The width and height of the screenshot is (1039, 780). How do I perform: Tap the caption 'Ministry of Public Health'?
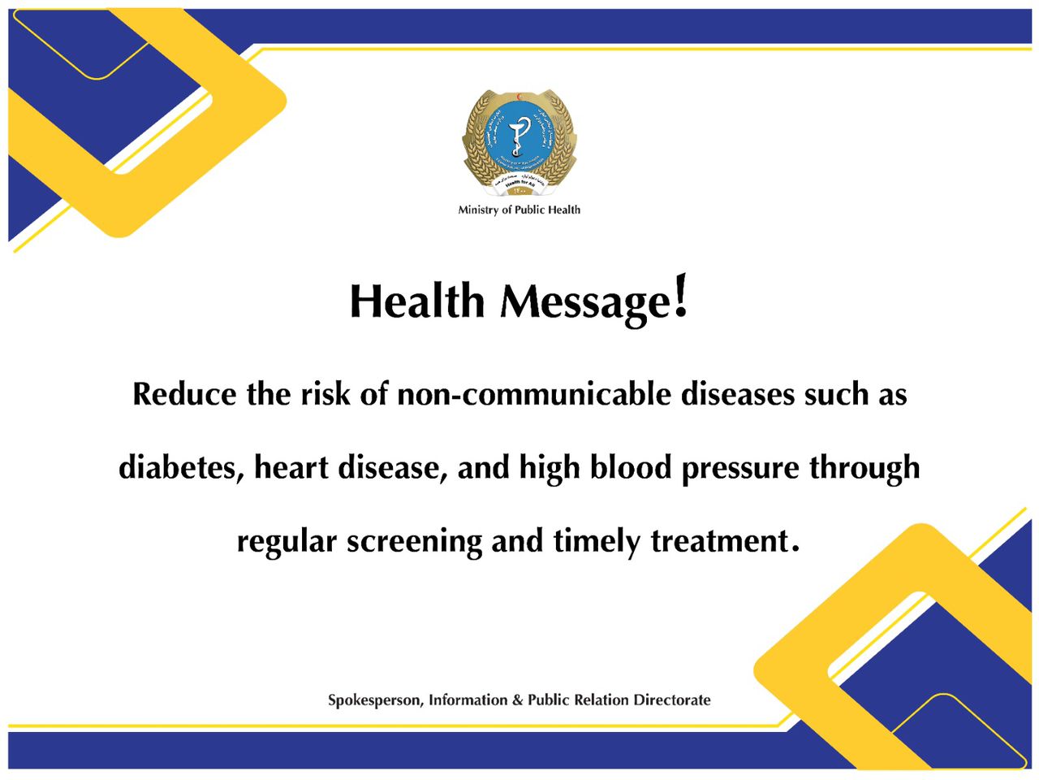click(519, 210)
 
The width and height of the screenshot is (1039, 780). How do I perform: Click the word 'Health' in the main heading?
click(416, 301)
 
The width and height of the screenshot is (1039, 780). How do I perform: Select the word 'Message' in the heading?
click(585, 303)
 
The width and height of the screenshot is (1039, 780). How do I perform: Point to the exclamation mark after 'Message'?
click(681, 297)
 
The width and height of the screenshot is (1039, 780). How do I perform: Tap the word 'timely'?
click(597, 542)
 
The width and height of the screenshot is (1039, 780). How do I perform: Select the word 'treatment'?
click(719, 541)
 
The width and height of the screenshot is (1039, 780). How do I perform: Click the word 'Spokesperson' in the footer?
click(374, 700)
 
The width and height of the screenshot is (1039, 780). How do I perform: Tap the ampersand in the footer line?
click(517, 700)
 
